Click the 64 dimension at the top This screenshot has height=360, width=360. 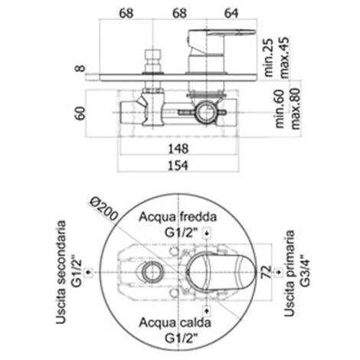231,13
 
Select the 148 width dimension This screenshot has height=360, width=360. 178,149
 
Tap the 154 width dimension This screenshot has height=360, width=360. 178,165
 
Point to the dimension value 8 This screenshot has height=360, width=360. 80,68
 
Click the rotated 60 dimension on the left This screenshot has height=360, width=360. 80,113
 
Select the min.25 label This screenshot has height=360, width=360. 268,57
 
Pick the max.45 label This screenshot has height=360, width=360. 285,57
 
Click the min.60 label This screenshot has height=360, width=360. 280,109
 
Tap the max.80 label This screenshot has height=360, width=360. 296,109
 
